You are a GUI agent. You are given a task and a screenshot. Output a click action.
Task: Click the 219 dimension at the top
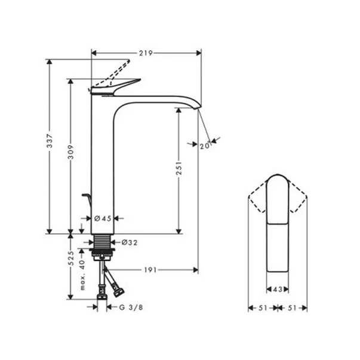[145, 53]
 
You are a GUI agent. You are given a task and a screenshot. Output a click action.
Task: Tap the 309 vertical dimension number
[71, 155]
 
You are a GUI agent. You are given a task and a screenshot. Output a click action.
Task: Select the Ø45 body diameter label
[104, 219]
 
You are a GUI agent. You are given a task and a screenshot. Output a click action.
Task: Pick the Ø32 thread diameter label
[130, 243]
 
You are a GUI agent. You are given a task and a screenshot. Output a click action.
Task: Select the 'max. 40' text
[84, 275]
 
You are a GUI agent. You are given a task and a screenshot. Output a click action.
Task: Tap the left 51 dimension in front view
[261, 309]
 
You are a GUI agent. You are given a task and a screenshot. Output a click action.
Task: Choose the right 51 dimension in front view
[293, 309]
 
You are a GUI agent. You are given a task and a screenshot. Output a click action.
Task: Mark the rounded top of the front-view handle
[277, 179]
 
